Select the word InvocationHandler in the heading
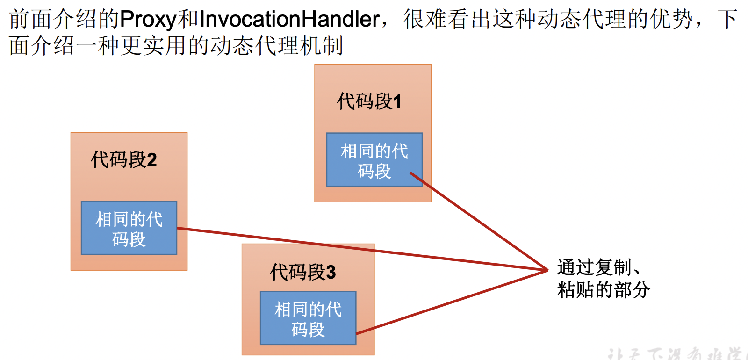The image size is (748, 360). (x=289, y=20)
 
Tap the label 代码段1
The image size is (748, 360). (x=369, y=101)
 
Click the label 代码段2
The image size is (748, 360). (x=123, y=160)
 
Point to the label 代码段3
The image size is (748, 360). (x=302, y=272)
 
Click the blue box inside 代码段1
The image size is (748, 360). (x=374, y=160)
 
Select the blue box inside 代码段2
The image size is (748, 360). (x=129, y=228)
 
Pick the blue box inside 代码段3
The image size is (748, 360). (x=308, y=318)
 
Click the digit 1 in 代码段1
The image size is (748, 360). (x=397, y=102)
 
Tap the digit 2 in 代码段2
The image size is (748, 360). (x=151, y=160)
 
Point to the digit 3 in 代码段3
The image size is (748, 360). (x=331, y=273)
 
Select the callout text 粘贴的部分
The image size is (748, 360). (x=603, y=290)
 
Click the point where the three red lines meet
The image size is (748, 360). (x=547, y=270)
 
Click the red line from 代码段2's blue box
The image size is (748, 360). (x=360, y=249)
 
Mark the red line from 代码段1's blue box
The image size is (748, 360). (x=482, y=223)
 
